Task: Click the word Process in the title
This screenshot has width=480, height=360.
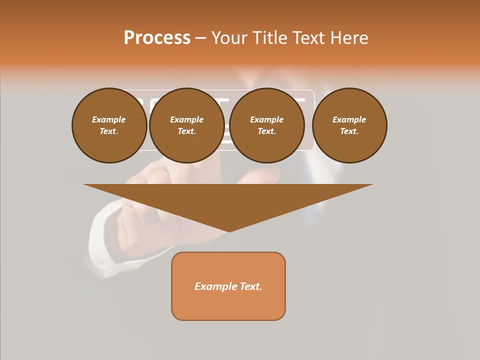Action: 157,38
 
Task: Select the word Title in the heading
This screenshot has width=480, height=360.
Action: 269,38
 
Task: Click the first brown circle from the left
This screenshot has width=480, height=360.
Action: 109,125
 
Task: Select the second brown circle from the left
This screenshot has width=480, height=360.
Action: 186,125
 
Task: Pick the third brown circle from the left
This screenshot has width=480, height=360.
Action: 266,125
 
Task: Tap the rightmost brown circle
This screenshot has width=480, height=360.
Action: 349,125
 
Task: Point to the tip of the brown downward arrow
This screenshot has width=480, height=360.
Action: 229,230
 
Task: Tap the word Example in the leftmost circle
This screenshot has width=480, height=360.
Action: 109,119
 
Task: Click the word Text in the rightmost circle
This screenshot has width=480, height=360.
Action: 349,131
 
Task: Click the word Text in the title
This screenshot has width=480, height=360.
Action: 308,38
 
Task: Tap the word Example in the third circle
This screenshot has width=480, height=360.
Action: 266,119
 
